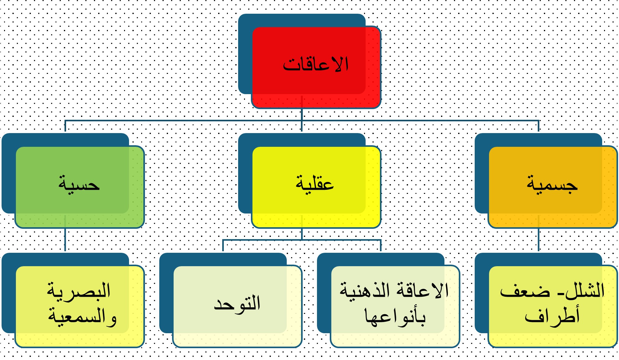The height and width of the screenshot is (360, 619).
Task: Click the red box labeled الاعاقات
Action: tap(316, 67)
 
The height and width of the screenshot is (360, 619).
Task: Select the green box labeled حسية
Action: tap(79, 187)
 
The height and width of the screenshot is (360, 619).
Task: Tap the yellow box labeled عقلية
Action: tap(316, 187)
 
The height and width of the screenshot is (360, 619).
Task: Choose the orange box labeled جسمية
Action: tap(553, 187)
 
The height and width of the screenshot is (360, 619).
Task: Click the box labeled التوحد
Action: tap(237, 306)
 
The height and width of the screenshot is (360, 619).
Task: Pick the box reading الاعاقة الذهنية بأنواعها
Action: tap(395, 306)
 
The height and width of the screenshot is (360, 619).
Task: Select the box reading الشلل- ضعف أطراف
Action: tap(553, 306)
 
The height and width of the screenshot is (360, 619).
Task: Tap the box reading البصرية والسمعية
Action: tap(79, 306)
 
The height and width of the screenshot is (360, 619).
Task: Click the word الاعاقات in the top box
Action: tap(315, 65)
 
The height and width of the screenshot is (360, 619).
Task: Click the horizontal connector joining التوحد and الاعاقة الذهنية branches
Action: tap(302, 240)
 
